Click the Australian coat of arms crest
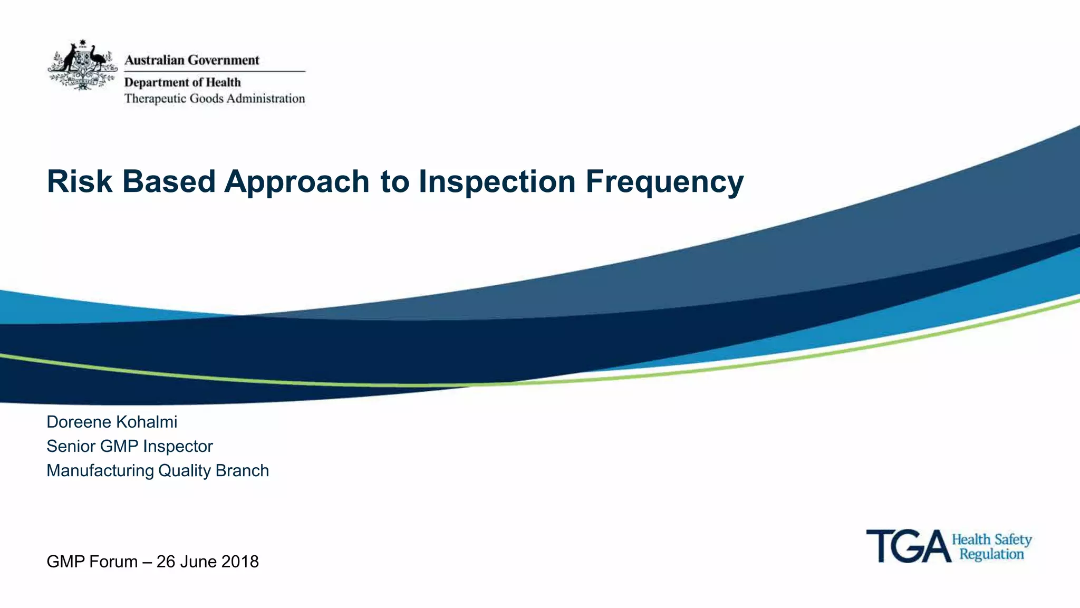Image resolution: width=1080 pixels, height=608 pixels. (x=82, y=65)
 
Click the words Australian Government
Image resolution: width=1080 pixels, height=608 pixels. (x=191, y=60)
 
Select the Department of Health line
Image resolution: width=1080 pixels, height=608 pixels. (x=182, y=82)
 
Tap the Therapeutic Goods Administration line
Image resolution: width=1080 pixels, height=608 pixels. (x=214, y=99)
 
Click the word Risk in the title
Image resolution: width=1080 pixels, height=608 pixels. (x=80, y=181)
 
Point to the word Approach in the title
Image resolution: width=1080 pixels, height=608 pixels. (x=297, y=182)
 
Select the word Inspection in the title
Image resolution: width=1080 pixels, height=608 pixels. (x=497, y=182)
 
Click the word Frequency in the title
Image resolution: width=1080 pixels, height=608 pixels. (x=664, y=182)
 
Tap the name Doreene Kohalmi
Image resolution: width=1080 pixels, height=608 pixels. (x=112, y=422)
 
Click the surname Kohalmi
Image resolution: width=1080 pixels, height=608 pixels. (x=146, y=422)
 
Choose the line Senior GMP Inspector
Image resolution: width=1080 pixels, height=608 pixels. (x=130, y=446)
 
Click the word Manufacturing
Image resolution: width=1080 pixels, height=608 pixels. (x=100, y=470)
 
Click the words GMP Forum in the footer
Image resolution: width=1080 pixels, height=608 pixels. (x=92, y=562)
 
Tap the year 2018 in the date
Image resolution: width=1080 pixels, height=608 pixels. (x=240, y=562)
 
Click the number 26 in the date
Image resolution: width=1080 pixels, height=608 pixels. (x=166, y=562)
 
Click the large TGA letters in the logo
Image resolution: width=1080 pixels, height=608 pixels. (x=908, y=546)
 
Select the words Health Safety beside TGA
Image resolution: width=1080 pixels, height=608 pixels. (x=991, y=539)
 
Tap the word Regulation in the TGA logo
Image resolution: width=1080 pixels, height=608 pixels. (x=991, y=554)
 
